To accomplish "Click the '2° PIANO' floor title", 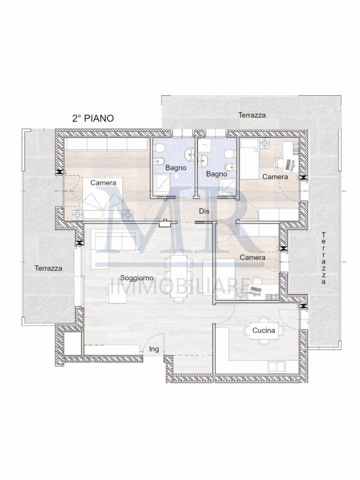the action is point(93,118).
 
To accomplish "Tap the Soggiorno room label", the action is point(137,278).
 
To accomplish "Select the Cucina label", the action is point(263,331).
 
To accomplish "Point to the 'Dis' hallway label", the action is point(204,211).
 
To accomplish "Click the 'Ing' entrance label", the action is point(154,349).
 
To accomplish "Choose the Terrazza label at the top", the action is point(252,115).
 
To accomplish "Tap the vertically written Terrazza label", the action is point(323,258).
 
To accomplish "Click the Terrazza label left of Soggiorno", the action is point(49,268).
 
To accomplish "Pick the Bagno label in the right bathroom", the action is point(217,174).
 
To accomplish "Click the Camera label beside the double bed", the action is point(103,183).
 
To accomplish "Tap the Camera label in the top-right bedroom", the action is point(275,176).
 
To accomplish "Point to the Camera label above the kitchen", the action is point(253,257).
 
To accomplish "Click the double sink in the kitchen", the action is point(277,367).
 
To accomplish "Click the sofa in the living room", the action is point(116,241).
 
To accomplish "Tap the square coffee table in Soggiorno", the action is point(118,293).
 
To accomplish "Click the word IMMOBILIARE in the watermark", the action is point(179,287).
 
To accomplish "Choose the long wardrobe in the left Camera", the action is point(107,144).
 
